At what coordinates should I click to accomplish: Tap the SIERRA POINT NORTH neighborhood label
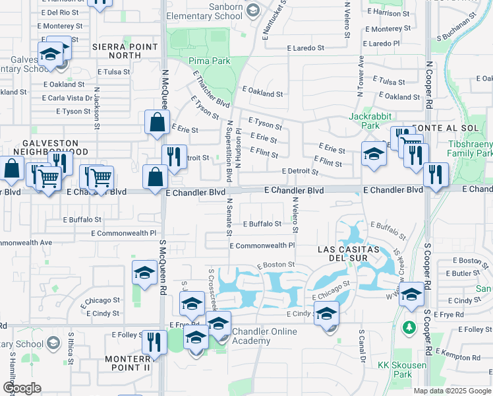coord(125,51)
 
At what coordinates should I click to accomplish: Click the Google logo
coord(22,388)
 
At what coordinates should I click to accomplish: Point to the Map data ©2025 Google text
coord(452,391)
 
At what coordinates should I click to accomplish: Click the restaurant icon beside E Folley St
coord(154,341)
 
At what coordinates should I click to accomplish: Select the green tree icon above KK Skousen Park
coord(409,327)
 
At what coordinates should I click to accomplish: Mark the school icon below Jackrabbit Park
coord(374,156)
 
